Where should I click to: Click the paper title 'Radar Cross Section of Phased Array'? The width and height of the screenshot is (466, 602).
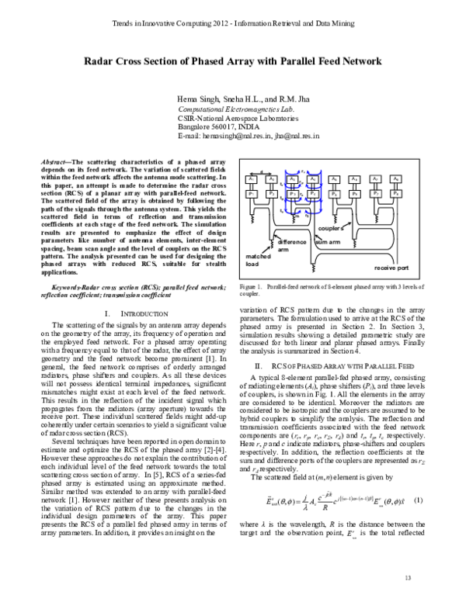[x=233, y=60]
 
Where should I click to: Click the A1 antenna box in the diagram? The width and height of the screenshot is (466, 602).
[x=252, y=179]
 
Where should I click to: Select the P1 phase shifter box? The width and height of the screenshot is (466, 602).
[x=252, y=192]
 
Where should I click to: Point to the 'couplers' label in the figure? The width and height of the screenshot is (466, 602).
[x=332, y=229]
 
